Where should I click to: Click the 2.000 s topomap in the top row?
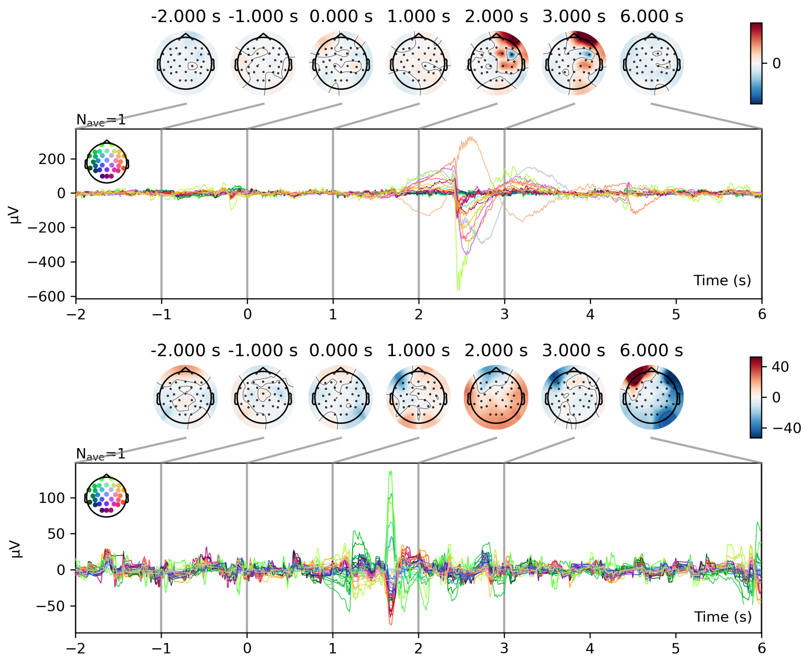pos(496,63)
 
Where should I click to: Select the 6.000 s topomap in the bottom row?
pos(651,397)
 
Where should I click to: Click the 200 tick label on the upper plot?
pos(52,159)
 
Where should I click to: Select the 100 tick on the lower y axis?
pos(52,498)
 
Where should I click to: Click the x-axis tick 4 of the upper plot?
pos(590,314)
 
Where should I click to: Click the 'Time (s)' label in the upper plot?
pos(722,280)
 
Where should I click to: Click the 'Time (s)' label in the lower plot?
pos(722,617)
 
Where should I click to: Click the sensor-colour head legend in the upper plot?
pos(107,162)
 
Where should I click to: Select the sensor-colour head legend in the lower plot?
pos(107,496)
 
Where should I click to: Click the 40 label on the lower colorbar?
pos(780,367)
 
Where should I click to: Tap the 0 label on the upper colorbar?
pos(776,63)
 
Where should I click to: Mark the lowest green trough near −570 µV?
pos(458,290)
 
